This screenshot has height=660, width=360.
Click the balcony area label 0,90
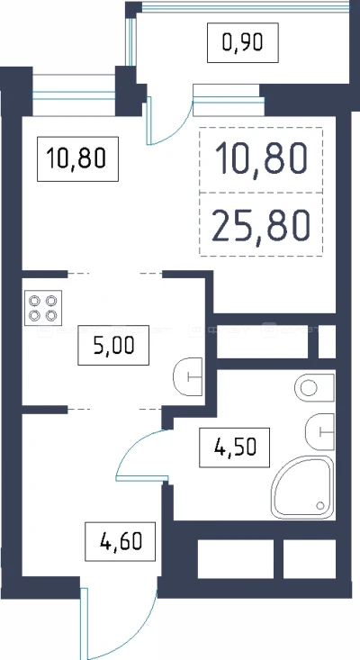[x=243, y=42]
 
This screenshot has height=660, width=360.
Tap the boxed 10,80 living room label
[x=77, y=158]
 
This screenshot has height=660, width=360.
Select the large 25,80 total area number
[x=261, y=225]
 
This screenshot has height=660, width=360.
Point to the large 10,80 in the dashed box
[x=261, y=158]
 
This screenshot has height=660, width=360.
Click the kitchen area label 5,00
[x=113, y=346]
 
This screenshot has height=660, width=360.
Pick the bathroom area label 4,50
[x=235, y=447]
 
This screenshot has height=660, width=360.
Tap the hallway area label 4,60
[x=121, y=541]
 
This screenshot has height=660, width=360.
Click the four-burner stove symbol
[x=43, y=308]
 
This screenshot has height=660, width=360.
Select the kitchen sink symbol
[x=188, y=376]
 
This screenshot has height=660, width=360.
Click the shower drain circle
[x=320, y=505]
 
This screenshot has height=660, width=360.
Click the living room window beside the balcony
[x=74, y=95]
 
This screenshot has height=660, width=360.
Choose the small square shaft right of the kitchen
[x=327, y=341]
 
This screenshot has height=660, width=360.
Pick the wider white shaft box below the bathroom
[x=236, y=559]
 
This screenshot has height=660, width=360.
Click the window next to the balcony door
[x=229, y=100]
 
